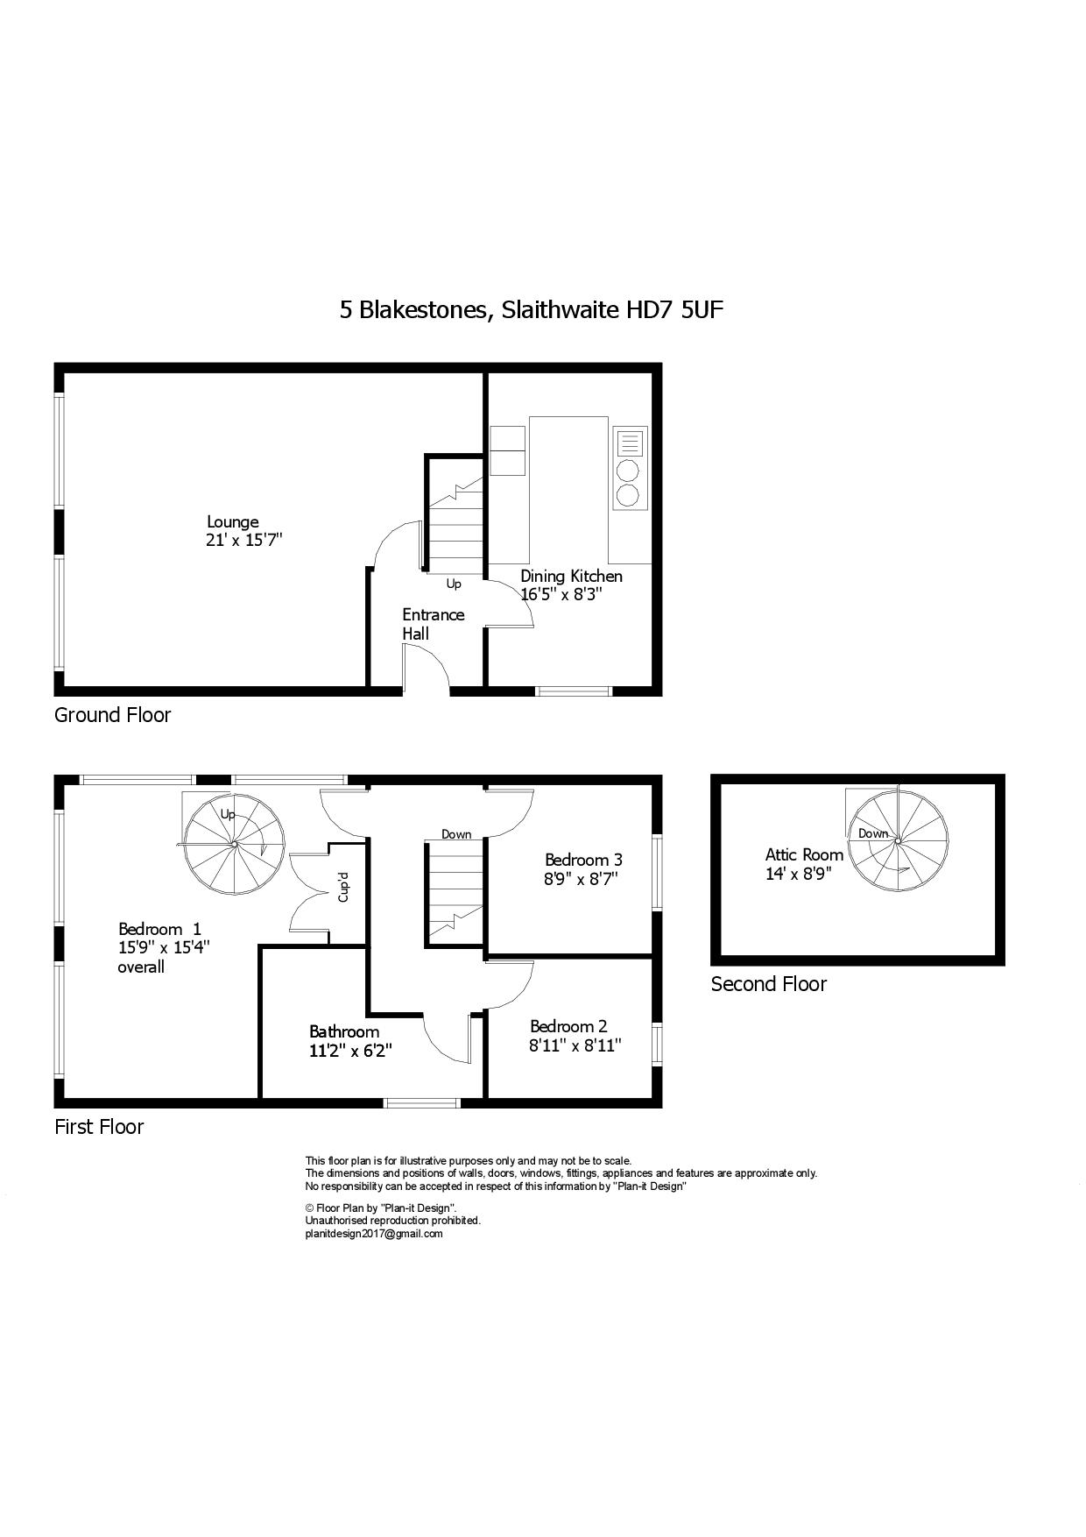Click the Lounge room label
click(x=232, y=522)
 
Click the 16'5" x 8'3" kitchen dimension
click(x=561, y=594)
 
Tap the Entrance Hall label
click(x=433, y=623)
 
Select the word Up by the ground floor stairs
click(x=454, y=584)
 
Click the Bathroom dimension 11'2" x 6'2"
click(x=349, y=1051)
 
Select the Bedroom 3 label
click(x=582, y=860)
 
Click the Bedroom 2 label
click(x=568, y=1026)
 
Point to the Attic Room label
click(x=804, y=854)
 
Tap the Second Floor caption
click(x=768, y=984)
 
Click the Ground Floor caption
click(x=112, y=715)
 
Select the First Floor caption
click(x=99, y=1127)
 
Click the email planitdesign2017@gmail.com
click(x=373, y=1234)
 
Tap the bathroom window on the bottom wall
click(x=422, y=1102)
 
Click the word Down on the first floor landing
click(x=456, y=834)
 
